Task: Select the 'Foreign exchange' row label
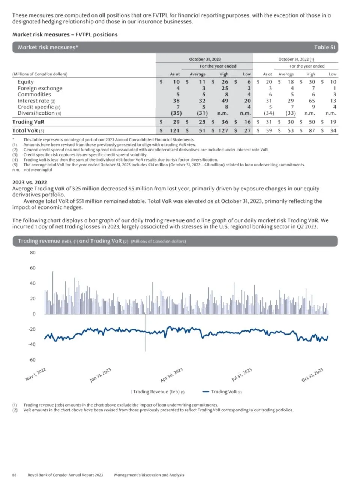click(40, 88)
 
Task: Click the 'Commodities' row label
click(34, 94)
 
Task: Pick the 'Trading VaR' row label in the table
click(28, 122)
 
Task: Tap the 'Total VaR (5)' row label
click(28, 131)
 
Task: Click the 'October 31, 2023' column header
click(205, 59)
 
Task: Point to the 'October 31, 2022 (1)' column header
click(296, 59)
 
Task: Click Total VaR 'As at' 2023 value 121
click(174, 131)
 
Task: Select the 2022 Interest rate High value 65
click(312, 101)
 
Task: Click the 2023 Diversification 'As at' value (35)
click(176, 113)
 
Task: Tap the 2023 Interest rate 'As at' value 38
click(176, 101)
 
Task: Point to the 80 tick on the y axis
click(33, 253)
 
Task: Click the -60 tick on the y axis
click(32, 360)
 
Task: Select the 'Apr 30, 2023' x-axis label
click(172, 375)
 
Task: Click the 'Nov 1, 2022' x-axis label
click(36, 374)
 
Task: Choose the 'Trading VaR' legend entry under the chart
click(222, 392)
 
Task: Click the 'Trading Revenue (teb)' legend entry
click(157, 392)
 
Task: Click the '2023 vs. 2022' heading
click(30, 183)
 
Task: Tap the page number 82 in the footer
click(15, 475)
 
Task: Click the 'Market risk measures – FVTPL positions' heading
click(65, 34)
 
